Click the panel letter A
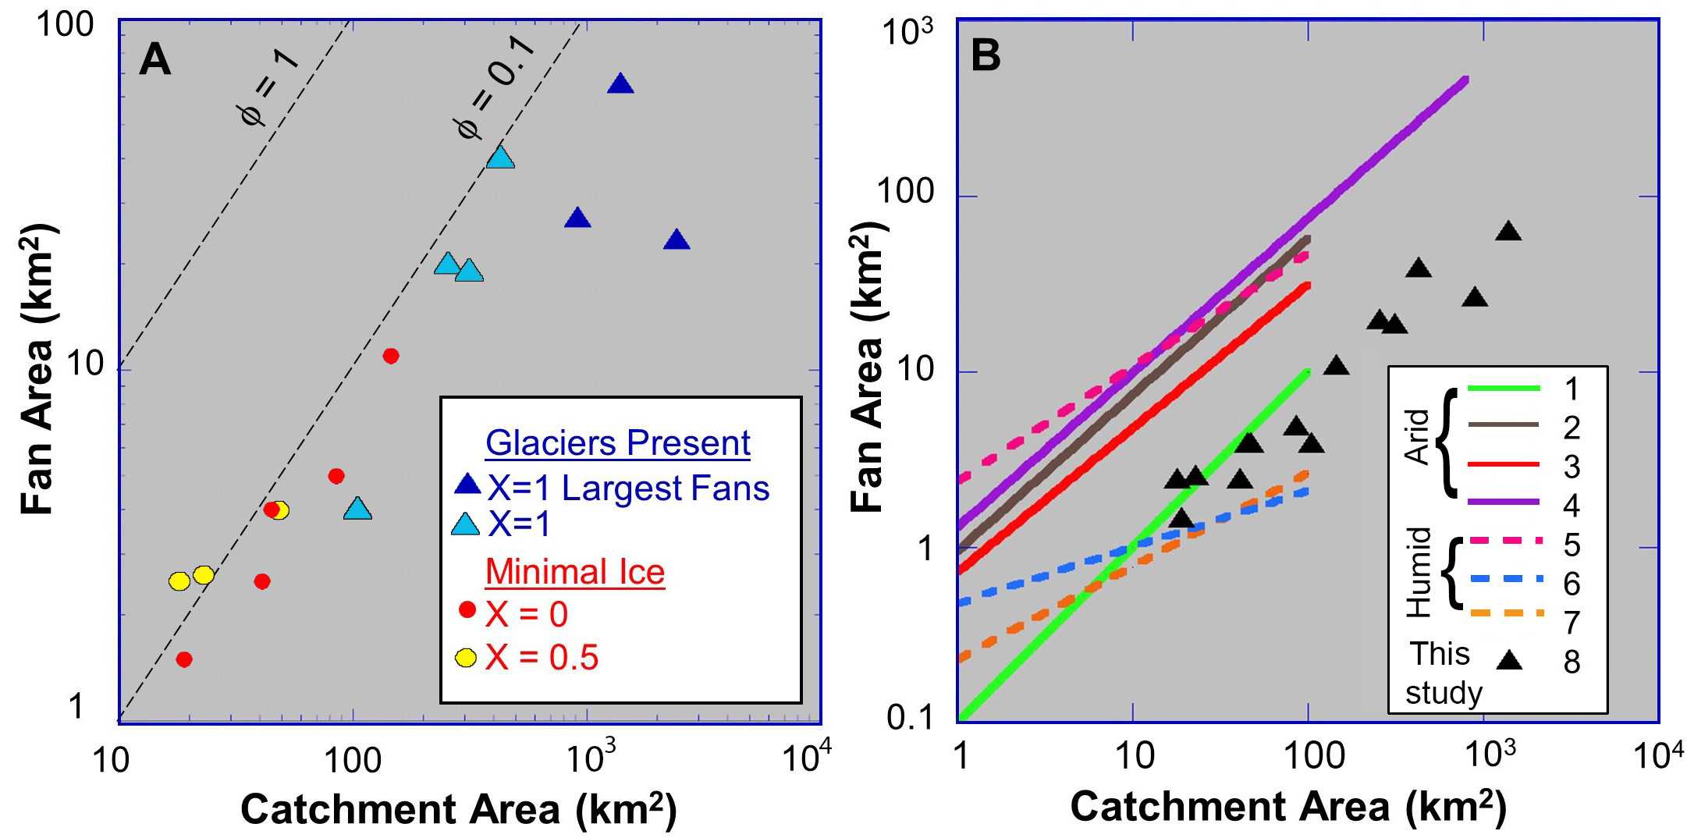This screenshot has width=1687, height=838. (x=154, y=59)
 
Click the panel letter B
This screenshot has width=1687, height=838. (x=986, y=56)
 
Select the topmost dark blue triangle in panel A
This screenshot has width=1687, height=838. (x=620, y=84)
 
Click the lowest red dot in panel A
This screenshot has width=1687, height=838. (x=184, y=659)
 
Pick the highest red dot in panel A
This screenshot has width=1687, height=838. (x=391, y=356)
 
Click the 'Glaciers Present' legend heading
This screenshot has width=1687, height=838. (x=617, y=443)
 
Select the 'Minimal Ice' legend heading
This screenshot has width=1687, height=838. (x=575, y=572)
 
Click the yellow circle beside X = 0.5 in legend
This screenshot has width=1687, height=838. (x=466, y=658)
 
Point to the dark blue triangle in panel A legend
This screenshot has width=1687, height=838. (x=467, y=485)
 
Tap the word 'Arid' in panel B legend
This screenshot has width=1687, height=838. (x=1417, y=437)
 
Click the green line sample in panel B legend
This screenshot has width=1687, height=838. (x=1504, y=388)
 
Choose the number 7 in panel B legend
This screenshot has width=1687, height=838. (x=1572, y=623)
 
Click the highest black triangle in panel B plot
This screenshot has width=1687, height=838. (x=1508, y=232)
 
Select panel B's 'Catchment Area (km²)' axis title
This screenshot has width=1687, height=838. (x=1287, y=807)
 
